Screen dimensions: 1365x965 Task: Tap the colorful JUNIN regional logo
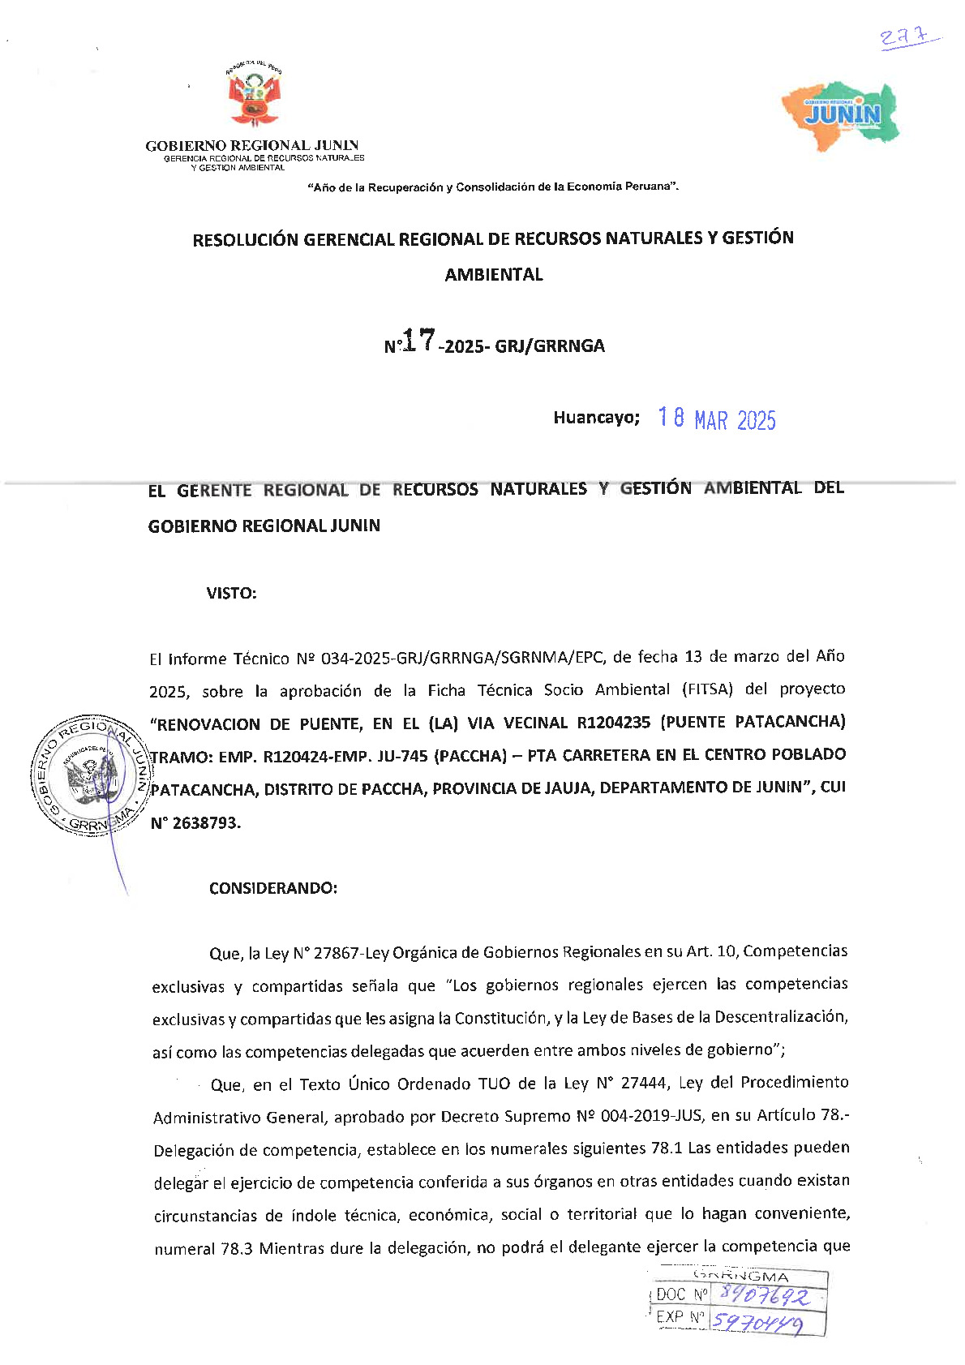(841, 115)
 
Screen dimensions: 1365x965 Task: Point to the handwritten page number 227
(907, 37)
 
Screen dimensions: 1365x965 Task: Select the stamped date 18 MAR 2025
(717, 419)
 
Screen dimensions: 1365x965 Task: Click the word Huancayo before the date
(596, 418)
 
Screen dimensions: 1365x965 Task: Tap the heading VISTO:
(231, 593)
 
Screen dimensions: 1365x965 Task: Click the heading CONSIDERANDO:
(273, 888)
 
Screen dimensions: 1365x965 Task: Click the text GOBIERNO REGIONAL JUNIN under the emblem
(252, 146)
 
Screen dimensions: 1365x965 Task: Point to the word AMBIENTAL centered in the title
(494, 275)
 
